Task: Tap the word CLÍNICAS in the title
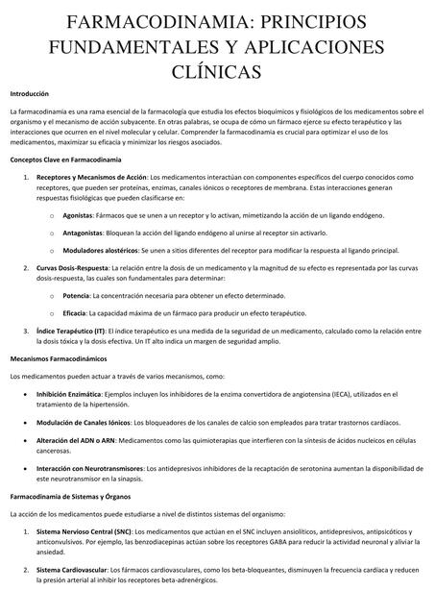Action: pyautogui.click(x=218, y=71)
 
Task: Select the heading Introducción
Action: pyautogui.click(x=29, y=94)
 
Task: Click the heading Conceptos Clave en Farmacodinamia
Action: pyautogui.click(x=65, y=158)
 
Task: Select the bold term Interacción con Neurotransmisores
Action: pyautogui.click(x=92, y=468)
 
